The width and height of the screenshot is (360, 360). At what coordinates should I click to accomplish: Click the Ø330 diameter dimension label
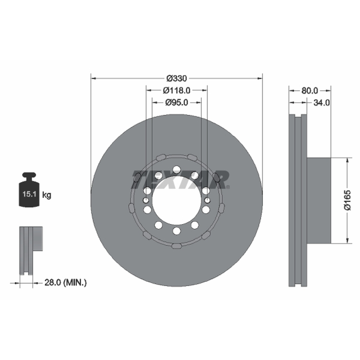pos(176,78)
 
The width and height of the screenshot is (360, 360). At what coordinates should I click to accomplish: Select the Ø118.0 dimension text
pos(176,90)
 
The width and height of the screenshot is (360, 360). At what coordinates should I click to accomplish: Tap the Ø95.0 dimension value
pos(176,103)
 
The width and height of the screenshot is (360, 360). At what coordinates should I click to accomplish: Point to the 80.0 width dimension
pos(310,91)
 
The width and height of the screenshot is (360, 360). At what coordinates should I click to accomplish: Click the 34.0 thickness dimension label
pos(321,103)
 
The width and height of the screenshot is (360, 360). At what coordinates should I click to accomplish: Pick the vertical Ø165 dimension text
pos(347,200)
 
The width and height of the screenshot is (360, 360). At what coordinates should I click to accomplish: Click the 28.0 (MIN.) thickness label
pos(65,283)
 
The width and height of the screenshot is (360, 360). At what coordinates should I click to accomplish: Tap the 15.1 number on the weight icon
pos(29,194)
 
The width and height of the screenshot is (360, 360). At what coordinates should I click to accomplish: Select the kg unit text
pos(47,195)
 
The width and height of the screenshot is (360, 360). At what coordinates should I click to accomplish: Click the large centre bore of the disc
pos(176,200)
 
